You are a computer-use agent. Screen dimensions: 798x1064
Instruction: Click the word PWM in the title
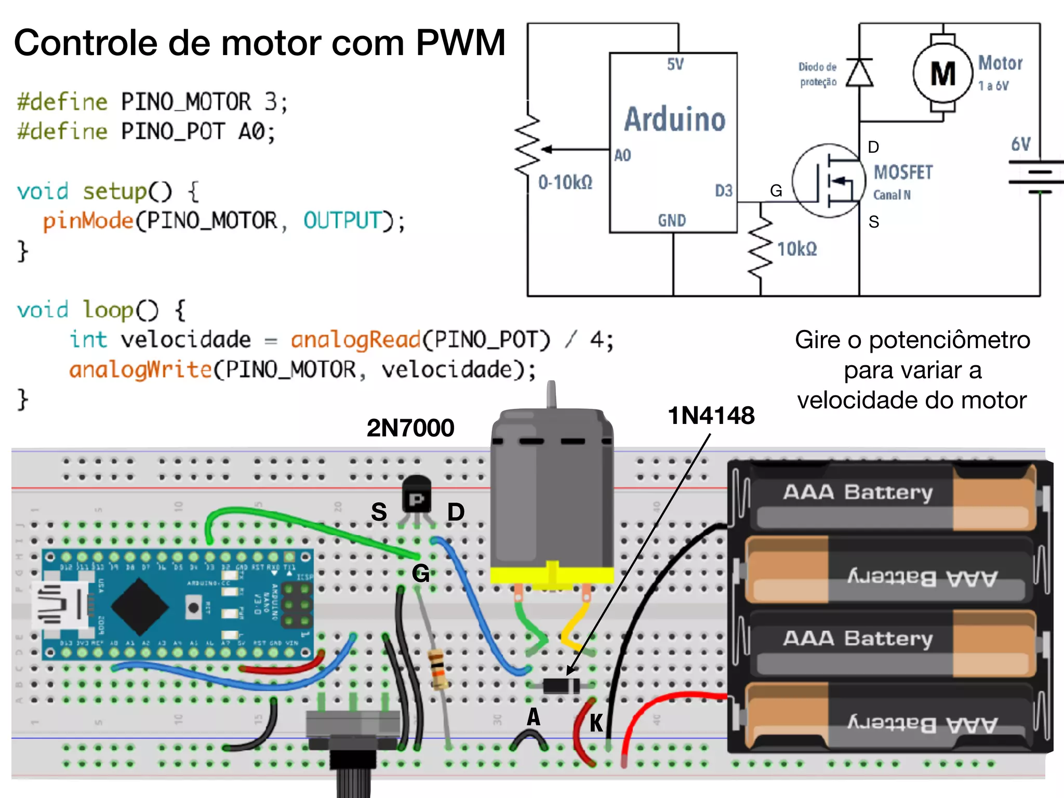tap(460, 43)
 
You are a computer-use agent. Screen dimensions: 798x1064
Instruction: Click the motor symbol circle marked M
tap(942, 73)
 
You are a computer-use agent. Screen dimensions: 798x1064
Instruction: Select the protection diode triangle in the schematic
tap(859, 73)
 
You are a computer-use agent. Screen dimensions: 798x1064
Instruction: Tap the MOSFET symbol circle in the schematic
tap(828, 180)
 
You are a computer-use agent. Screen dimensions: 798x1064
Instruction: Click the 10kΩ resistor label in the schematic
tap(796, 249)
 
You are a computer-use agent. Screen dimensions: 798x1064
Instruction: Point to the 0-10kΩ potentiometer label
tap(565, 183)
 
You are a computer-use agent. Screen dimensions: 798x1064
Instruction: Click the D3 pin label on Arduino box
tap(723, 191)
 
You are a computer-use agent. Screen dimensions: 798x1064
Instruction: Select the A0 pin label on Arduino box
tap(622, 155)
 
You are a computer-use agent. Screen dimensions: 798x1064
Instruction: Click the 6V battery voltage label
tap(1020, 144)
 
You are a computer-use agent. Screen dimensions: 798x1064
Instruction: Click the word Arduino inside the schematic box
tap(674, 119)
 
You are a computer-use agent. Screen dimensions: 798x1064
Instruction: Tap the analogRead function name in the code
tap(355, 340)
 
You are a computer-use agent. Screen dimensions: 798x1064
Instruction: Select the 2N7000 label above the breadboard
tap(410, 428)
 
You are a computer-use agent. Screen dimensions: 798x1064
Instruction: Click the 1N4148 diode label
tap(711, 416)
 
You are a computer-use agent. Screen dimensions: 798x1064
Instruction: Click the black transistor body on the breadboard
tap(416, 495)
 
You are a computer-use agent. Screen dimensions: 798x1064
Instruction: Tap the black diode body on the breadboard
tap(561, 686)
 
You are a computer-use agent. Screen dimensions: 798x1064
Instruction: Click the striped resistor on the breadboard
tap(437, 669)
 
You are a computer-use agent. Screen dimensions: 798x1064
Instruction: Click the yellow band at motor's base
tap(552, 575)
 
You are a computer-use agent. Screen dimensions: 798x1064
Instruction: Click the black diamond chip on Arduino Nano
tap(139, 606)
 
